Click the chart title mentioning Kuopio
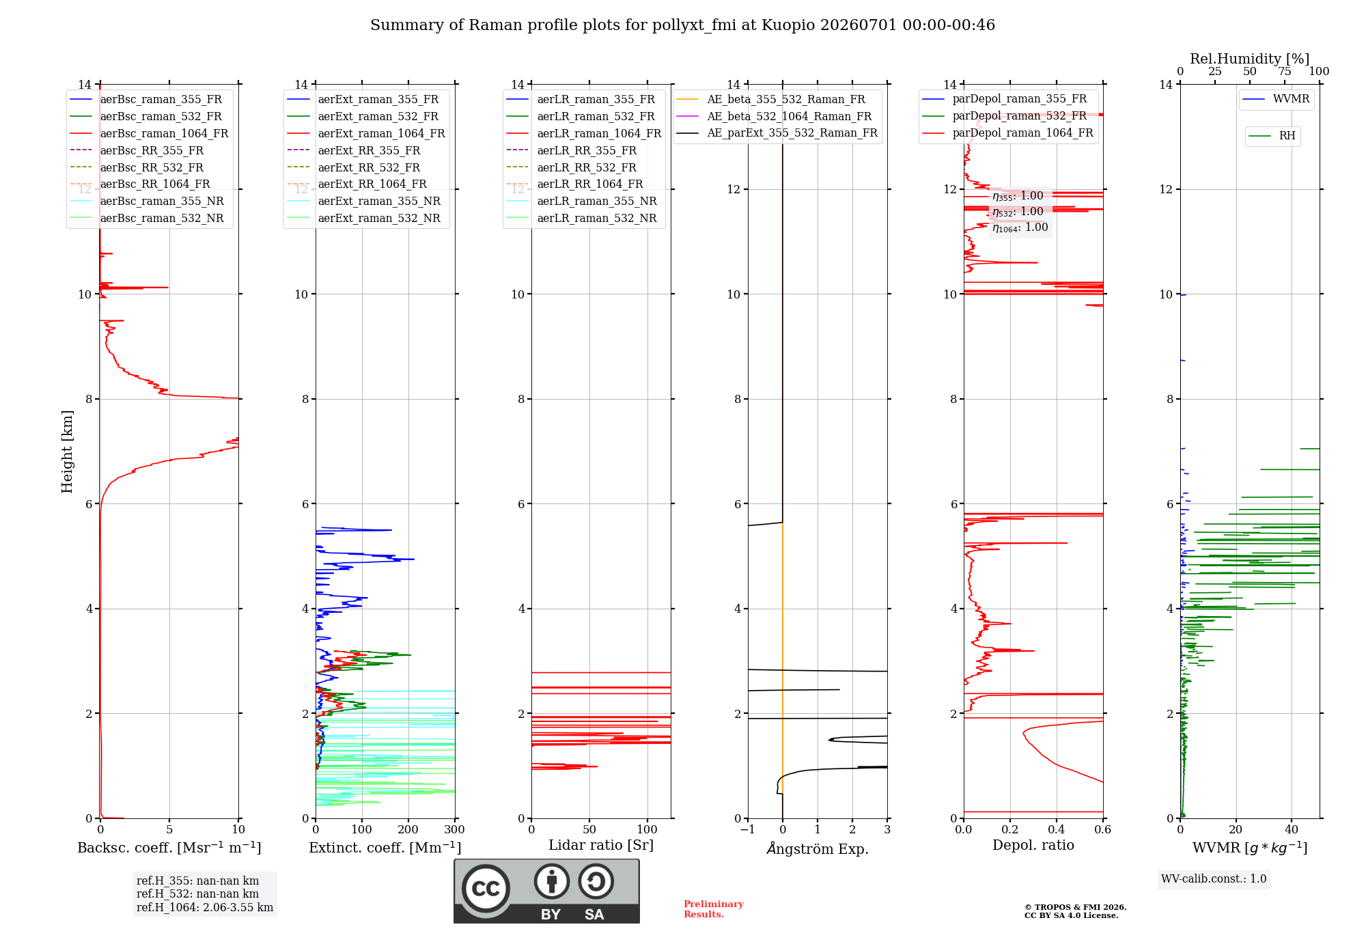(x=682, y=25)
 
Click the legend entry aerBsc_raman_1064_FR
(x=164, y=133)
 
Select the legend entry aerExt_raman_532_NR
(x=379, y=218)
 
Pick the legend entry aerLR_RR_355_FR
(x=587, y=150)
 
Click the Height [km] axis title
(x=67, y=452)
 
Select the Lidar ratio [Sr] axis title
(x=601, y=845)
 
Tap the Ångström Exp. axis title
(x=818, y=848)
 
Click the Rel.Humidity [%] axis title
(x=1250, y=59)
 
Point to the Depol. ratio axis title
(x=1033, y=845)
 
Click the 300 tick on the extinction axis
(x=455, y=829)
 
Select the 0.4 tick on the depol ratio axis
(x=1057, y=829)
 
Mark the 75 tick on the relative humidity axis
(x=1285, y=72)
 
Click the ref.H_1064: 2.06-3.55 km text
(x=205, y=908)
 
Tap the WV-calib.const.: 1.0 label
(x=1214, y=879)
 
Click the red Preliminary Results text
(x=714, y=909)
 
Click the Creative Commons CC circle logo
(x=486, y=888)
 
